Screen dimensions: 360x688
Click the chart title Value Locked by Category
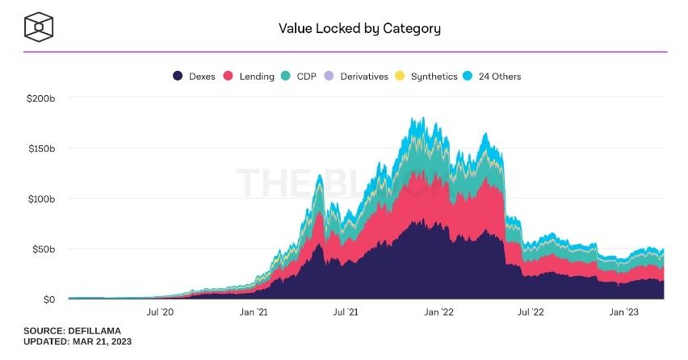pos(359,28)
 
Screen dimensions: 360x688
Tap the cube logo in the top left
pos(38,27)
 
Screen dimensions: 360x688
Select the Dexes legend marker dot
pos(178,77)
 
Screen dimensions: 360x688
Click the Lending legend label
pos(257,77)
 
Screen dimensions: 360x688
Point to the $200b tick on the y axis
pos(40,98)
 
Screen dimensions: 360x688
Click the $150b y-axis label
pos(40,149)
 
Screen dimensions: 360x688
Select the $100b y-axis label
pos(40,199)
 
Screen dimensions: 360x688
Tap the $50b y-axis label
pos(42,249)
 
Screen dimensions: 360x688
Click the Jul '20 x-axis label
pos(159,312)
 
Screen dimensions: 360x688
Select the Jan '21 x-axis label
pos(254,312)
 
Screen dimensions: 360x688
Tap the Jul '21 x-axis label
pos(346,312)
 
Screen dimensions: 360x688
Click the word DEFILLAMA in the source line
pos(97,331)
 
